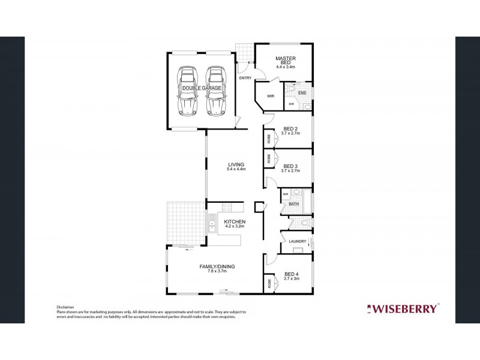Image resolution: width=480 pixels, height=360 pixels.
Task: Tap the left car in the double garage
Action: (187, 92)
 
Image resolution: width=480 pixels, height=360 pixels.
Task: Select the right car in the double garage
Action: (215, 92)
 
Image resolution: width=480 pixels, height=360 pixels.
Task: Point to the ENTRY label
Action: (245, 78)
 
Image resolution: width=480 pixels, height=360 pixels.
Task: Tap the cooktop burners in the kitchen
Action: (227, 209)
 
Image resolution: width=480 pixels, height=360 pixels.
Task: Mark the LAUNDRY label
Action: (297, 242)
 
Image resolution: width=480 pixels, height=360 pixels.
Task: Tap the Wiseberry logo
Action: (403, 309)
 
